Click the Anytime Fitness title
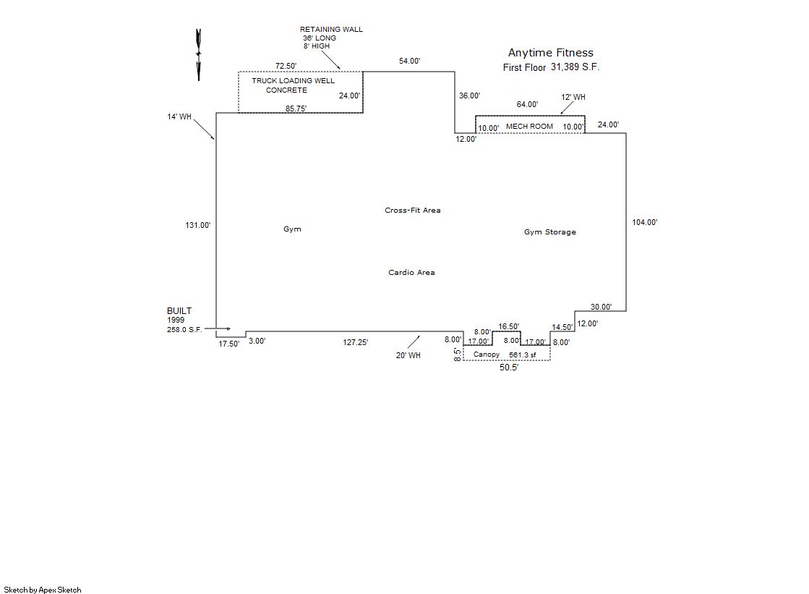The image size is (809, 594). coord(550,53)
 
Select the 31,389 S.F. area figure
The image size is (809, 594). coord(575,67)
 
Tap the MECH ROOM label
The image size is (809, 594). coord(529,127)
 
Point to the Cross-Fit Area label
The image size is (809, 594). coord(412,211)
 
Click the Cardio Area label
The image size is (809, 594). coord(411,273)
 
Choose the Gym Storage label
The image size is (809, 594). coord(549,232)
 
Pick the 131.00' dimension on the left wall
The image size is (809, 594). coord(198,226)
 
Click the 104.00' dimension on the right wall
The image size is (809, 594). coord(645,223)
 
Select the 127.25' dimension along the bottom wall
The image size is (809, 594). coord(356,343)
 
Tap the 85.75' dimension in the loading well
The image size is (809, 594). coord(296,109)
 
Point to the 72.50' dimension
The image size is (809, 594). coord(286,66)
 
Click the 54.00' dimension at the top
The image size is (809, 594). coord(409,61)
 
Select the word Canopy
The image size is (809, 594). coord(487,355)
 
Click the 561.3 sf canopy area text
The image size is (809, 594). coord(523,355)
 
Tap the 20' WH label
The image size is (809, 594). coord(408,355)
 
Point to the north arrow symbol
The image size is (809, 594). coord(198,54)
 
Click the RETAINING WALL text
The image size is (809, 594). coord(331,30)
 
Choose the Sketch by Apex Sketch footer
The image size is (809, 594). coord(43,590)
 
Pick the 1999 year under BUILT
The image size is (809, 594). coord(176,320)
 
